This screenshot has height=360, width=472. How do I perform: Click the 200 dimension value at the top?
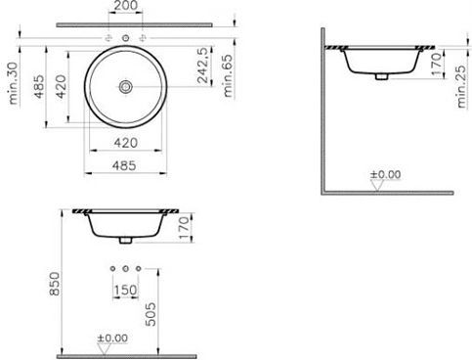pyautogui.click(x=126, y=5)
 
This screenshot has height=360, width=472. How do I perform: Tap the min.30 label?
pyautogui.click(x=14, y=83)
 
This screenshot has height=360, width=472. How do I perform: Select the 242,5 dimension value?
pyautogui.click(x=202, y=66)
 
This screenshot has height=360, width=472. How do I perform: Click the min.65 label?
pyautogui.click(x=228, y=75)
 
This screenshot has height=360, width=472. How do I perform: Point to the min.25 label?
pyautogui.click(x=461, y=87)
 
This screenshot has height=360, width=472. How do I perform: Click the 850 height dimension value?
pyautogui.click(x=55, y=284)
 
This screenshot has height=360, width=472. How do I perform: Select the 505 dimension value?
pyautogui.click(x=150, y=314)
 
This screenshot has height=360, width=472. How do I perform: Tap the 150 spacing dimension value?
pyautogui.click(x=125, y=290)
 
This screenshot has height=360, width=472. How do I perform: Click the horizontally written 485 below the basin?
pyautogui.click(x=124, y=165)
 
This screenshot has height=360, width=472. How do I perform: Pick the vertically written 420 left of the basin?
pyautogui.click(x=61, y=86)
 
